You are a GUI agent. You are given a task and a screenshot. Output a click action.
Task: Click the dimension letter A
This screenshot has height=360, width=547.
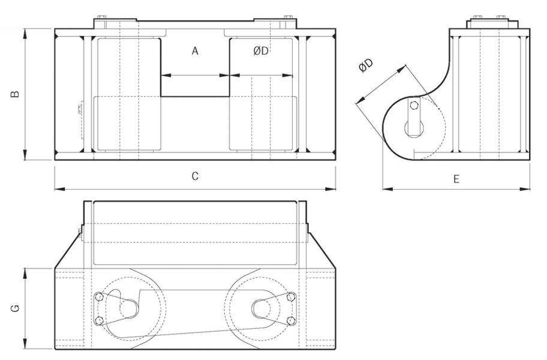195,52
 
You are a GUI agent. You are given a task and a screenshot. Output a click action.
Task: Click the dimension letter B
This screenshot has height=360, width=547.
16,94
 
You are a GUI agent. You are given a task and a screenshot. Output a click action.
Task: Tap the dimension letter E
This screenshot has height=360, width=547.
456,179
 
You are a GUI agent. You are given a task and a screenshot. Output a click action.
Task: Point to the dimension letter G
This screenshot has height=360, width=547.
16,308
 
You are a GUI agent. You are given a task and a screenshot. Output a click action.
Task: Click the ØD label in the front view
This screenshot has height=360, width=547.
261,52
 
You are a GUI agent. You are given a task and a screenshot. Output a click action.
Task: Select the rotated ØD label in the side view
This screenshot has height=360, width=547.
366,66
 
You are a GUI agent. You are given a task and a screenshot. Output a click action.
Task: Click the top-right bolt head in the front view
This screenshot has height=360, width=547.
288,17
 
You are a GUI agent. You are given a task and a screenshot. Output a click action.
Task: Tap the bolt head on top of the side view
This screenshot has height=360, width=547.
479,17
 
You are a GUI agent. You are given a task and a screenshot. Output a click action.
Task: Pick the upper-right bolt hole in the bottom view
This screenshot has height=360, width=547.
291,296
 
